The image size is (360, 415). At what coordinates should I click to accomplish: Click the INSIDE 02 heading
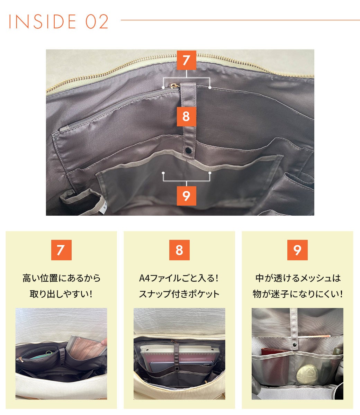click(58, 21)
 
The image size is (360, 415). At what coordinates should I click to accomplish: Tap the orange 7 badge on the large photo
click(186, 60)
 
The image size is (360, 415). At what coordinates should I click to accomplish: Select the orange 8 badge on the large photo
click(186, 116)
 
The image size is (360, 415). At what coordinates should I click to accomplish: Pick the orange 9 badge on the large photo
click(186, 196)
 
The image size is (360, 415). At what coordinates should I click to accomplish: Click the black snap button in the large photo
click(188, 150)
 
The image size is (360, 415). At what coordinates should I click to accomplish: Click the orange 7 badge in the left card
click(61, 250)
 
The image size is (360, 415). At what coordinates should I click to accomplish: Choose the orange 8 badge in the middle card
click(179, 250)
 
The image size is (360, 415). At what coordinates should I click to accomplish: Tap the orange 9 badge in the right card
click(298, 250)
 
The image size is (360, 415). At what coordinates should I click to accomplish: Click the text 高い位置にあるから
click(61, 278)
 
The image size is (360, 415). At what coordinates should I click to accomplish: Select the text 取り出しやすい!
click(61, 294)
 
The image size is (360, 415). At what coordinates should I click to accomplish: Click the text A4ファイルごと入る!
click(179, 278)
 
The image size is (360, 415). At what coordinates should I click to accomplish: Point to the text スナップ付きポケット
click(179, 294)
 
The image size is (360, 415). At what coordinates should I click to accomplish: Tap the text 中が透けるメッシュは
click(298, 278)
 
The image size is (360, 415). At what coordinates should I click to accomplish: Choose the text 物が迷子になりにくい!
click(298, 294)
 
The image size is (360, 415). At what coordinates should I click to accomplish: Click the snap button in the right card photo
click(294, 345)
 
